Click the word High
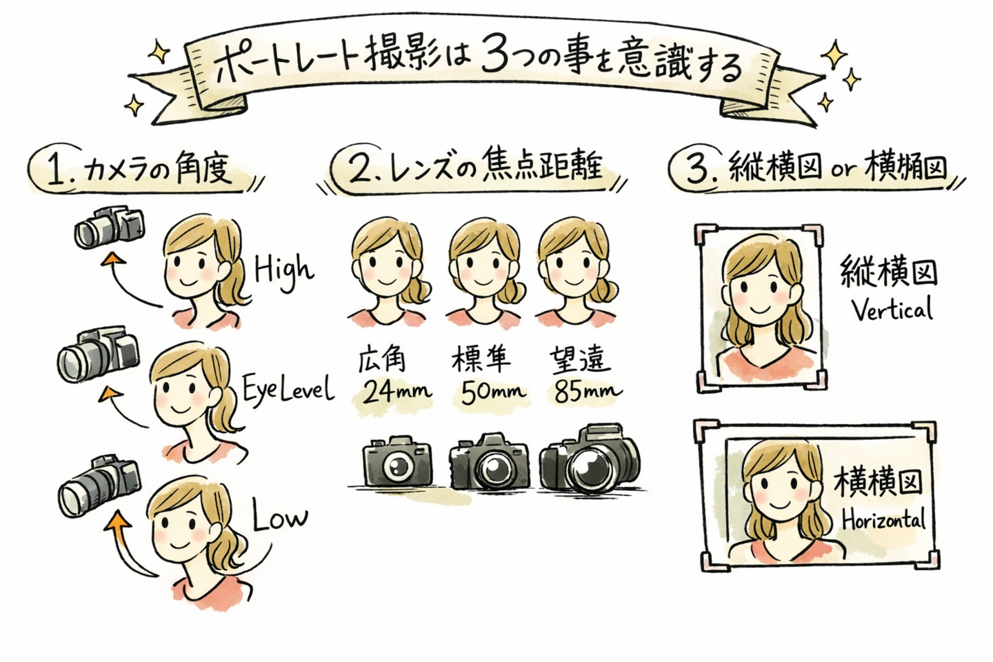[x=283, y=270]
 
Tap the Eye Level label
[x=288, y=390]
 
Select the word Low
[x=279, y=516]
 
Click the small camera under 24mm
[x=397, y=461]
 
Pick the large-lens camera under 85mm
[x=590, y=459]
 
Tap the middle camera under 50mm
[x=490, y=461]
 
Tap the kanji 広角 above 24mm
[x=381, y=359]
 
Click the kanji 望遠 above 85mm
[x=580, y=359]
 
